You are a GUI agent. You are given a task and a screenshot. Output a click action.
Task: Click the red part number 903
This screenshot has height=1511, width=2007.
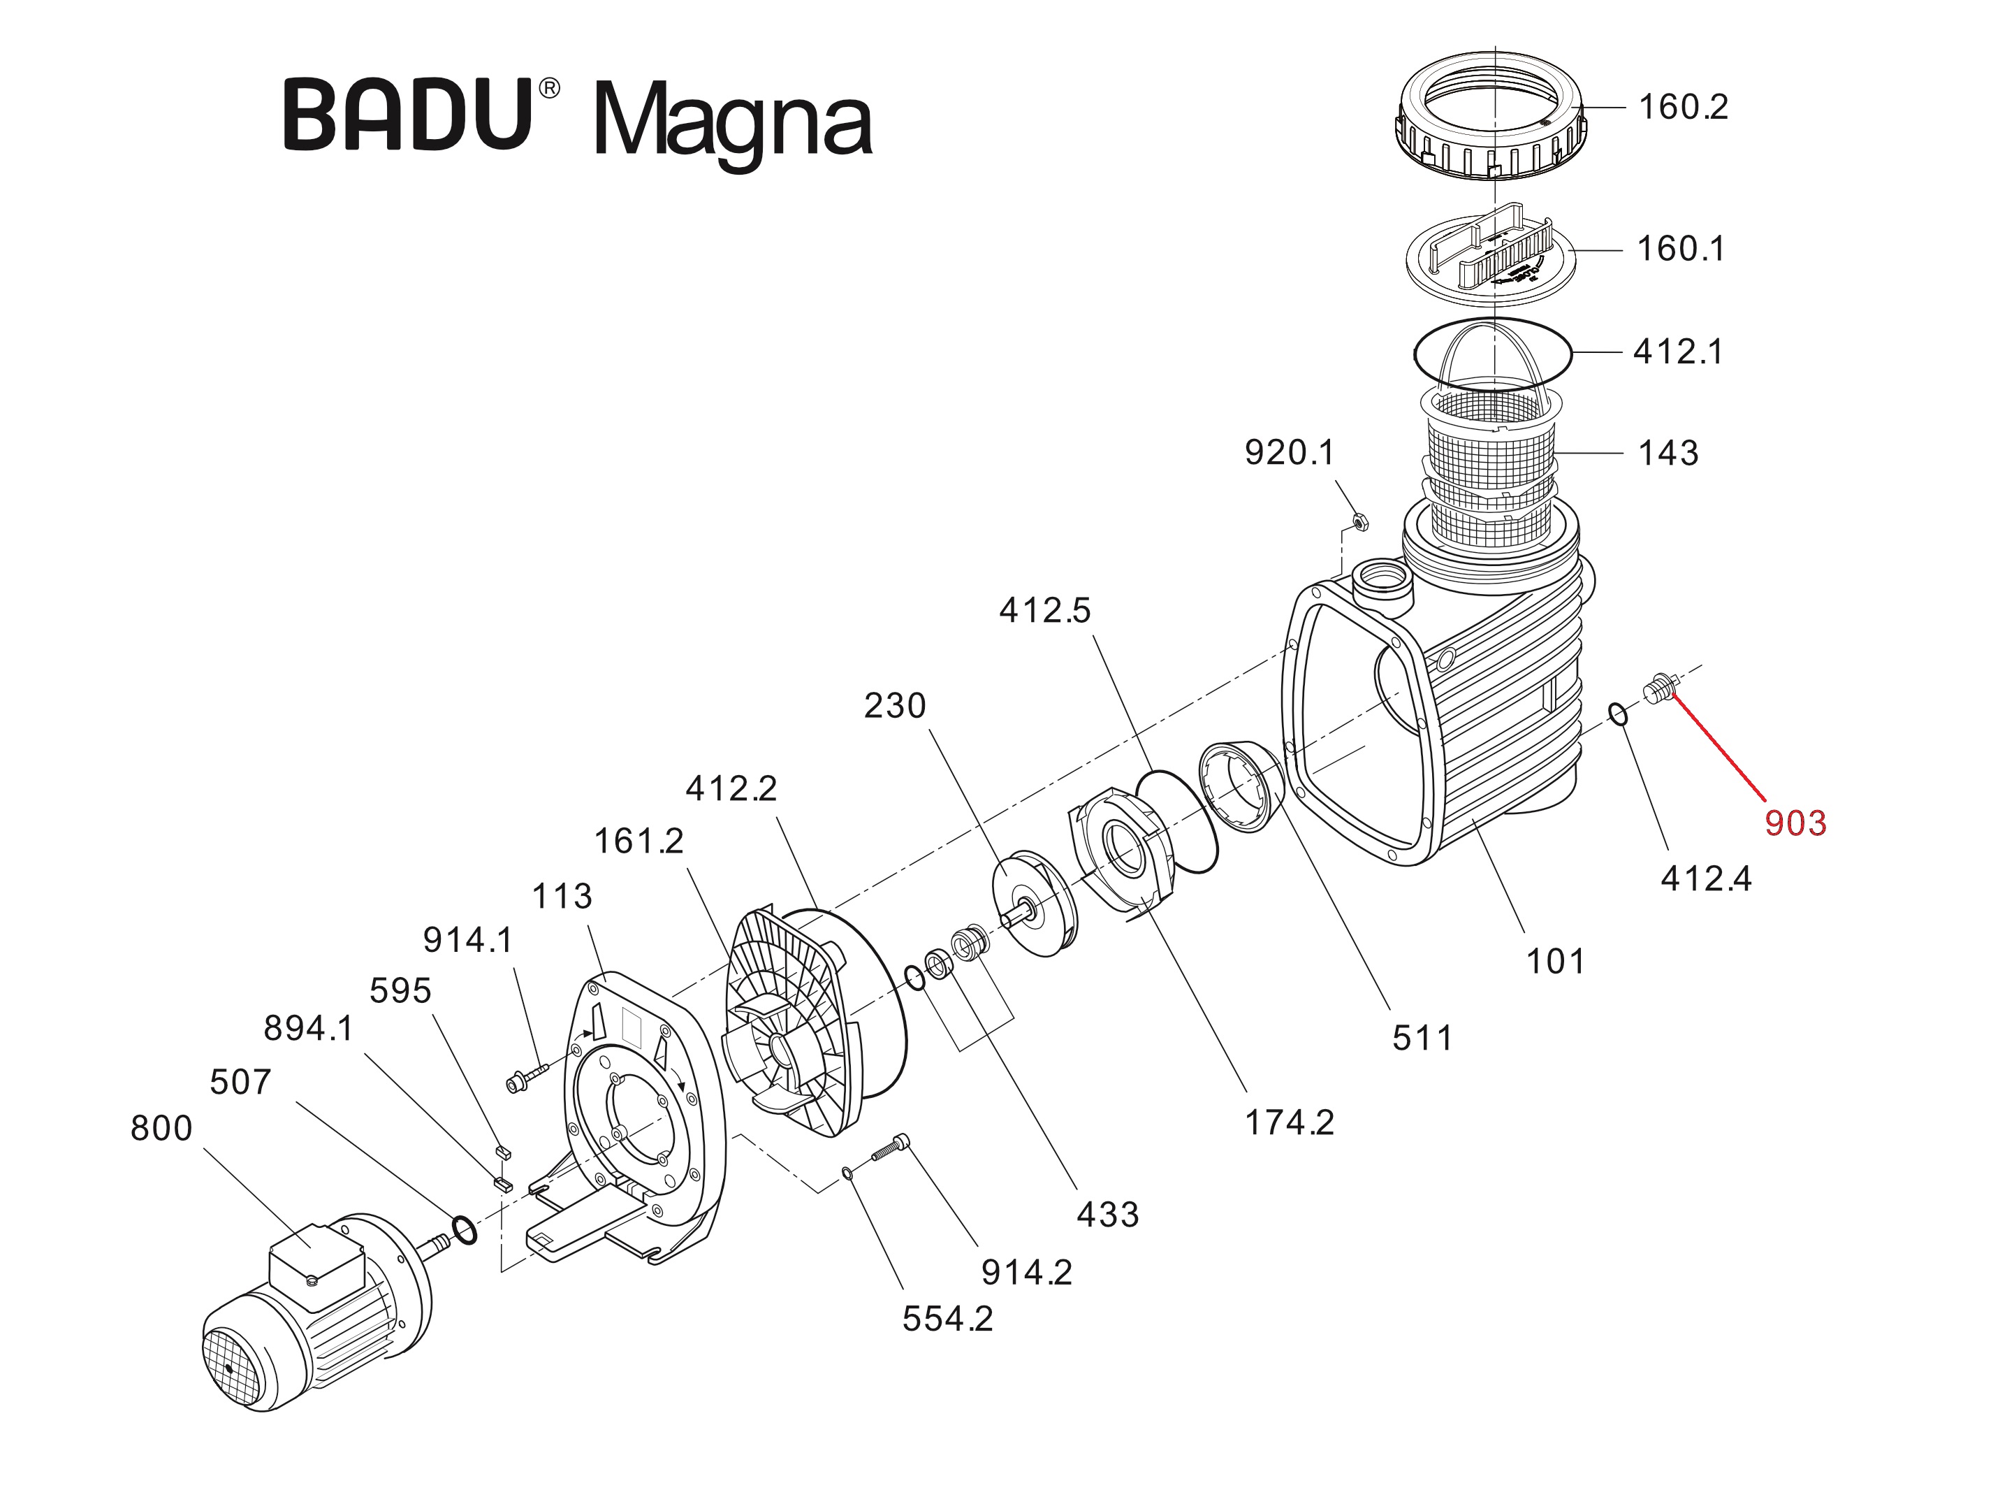pos(1794,823)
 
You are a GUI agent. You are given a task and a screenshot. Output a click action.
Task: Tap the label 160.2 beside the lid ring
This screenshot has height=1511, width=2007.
pos(1682,107)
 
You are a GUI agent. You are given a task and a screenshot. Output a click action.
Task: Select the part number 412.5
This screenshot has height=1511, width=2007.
pos(1044,611)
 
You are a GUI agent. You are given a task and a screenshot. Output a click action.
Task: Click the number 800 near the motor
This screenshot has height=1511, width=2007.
pos(161,1128)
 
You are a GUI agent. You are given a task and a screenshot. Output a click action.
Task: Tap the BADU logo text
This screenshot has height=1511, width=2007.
pos(408,116)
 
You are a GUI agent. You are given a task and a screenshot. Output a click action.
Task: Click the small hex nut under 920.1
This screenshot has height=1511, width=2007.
pos(1359,522)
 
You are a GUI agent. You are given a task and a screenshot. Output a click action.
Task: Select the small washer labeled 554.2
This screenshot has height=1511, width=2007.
pos(847,1173)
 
